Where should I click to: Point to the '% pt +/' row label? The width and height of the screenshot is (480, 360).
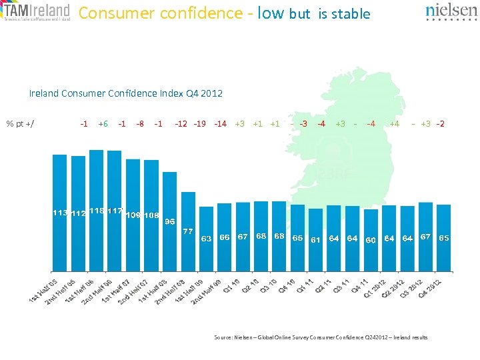21,123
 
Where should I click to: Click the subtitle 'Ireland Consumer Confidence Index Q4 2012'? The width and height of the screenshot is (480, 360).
126,93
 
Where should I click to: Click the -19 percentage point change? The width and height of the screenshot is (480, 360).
199,123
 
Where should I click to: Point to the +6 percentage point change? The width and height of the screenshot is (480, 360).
103,123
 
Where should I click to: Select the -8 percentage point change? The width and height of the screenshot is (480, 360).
139,123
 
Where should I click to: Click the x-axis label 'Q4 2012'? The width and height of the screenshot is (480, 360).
429,289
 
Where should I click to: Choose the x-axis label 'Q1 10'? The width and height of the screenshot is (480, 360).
231,286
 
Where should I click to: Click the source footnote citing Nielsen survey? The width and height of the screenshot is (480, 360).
321,337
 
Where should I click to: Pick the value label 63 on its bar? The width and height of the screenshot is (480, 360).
207,238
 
